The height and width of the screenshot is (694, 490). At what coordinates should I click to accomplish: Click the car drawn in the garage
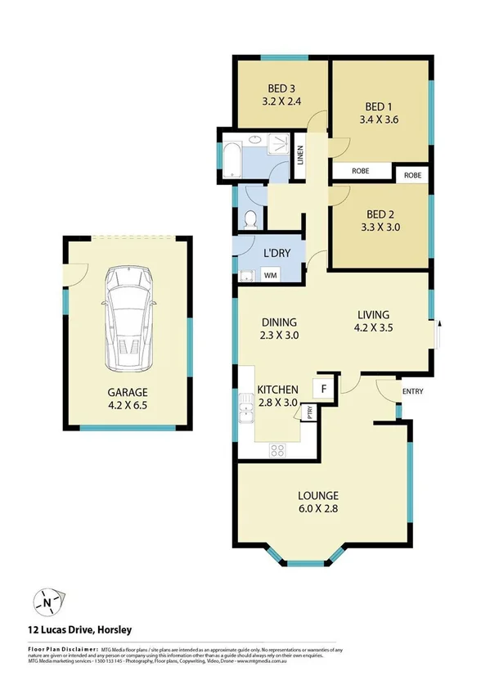point(127,322)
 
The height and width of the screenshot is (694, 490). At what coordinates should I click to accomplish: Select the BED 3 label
point(281,90)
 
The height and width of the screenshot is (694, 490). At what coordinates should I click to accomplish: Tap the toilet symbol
point(252,219)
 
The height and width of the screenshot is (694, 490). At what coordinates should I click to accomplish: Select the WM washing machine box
point(269,276)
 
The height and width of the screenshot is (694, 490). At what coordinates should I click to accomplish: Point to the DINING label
point(278,322)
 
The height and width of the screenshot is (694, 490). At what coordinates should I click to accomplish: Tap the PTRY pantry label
point(309,413)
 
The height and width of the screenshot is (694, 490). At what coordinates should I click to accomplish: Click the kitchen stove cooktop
point(276,449)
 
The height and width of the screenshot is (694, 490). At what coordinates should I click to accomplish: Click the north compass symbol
point(47,604)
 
